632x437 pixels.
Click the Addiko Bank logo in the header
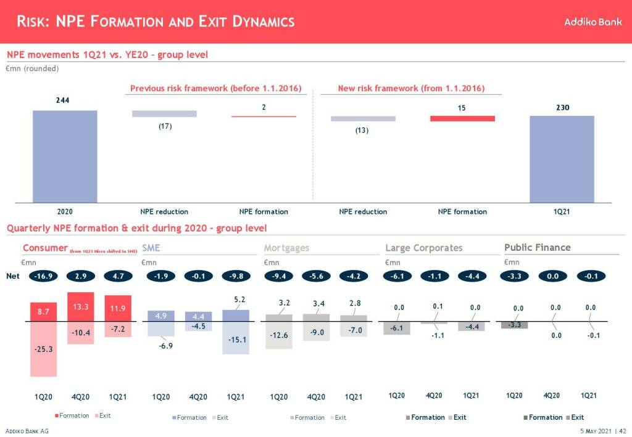[x=592, y=22]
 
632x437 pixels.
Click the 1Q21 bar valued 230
[x=562, y=158]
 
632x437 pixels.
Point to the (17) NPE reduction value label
[x=164, y=126]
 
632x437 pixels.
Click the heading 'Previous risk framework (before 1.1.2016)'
[x=215, y=89]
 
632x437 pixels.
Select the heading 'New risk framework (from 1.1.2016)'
[x=411, y=89]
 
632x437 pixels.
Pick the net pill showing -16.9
[x=43, y=276]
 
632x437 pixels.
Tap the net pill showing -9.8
[x=235, y=276]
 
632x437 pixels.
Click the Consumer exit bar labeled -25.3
[x=43, y=349]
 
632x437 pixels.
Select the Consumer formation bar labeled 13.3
[x=81, y=306]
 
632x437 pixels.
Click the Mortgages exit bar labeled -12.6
[x=279, y=335]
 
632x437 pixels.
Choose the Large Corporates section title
[x=423, y=248]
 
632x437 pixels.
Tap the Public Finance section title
[x=537, y=248]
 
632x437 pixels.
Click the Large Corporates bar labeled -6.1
[x=396, y=328]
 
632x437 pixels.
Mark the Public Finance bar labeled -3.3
[x=514, y=325]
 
